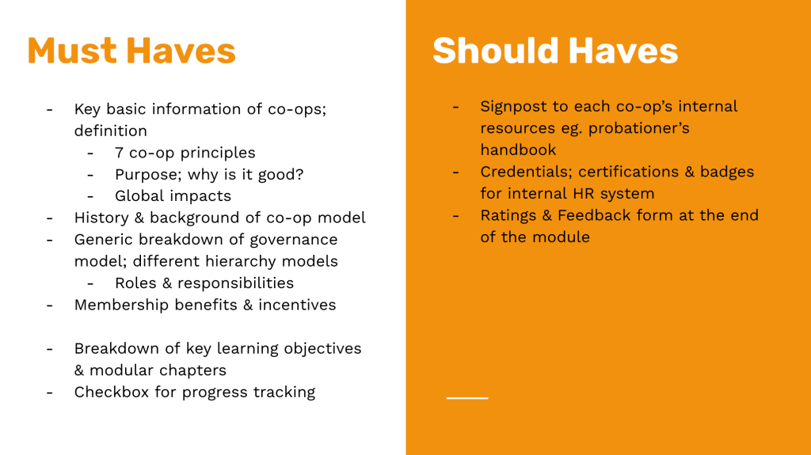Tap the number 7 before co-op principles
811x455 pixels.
tap(119, 153)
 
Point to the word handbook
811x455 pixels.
tap(518, 150)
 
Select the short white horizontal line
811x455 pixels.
tap(467, 398)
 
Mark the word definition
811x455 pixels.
tap(111, 131)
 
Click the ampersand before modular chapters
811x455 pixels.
tap(79, 370)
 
